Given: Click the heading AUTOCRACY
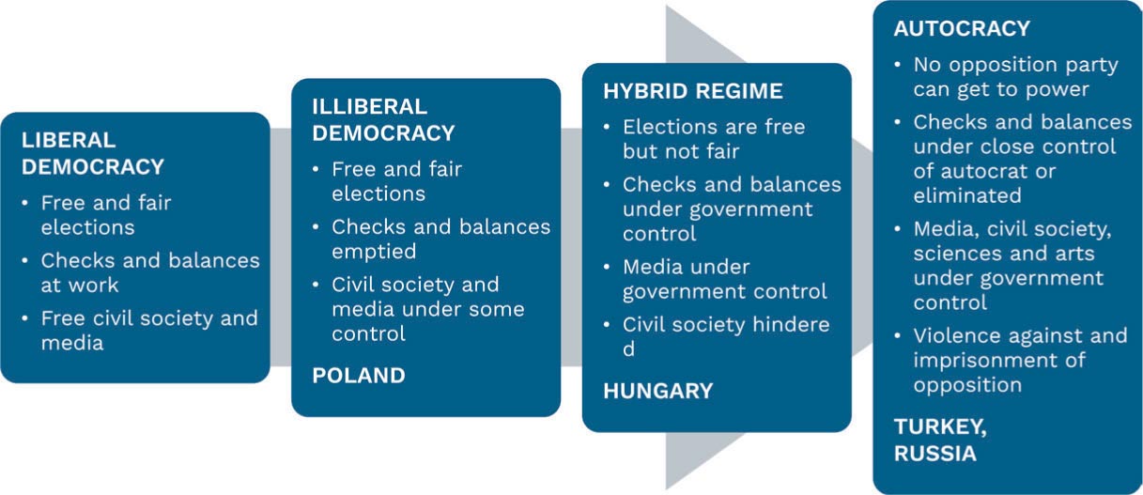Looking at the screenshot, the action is tap(962, 28).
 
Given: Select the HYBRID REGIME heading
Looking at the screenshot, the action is tap(693, 91).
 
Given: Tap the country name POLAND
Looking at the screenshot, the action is tap(359, 376).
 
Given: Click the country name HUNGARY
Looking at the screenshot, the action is tap(658, 391).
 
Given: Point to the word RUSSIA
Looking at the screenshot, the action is tap(935, 453).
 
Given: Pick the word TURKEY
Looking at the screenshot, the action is tap(940, 426).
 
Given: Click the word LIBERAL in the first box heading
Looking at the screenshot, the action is tap(69, 140).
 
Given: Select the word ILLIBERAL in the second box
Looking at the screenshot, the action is tap(370, 107).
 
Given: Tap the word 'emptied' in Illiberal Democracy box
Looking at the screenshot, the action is tap(374, 252).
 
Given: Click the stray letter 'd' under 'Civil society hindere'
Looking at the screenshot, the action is tap(628, 349).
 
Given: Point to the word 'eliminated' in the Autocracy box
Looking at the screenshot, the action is tap(967, 195).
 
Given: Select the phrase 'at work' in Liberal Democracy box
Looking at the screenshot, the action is tap(80, 285).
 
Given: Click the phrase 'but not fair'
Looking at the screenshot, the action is tap(681, 151).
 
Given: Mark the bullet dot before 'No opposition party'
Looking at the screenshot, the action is tap(898, 66).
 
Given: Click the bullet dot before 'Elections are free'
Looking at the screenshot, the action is tap(607, 127).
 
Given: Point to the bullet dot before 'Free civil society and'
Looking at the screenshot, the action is tap(25, 318).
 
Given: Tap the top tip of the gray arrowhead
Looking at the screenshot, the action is tap(667, 6).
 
